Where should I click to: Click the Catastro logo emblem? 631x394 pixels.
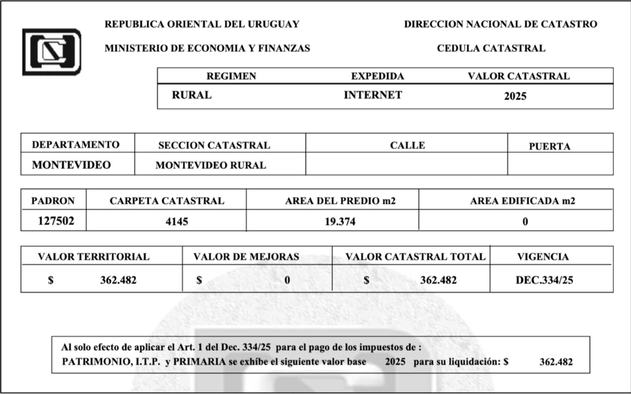click(x=52, y=52)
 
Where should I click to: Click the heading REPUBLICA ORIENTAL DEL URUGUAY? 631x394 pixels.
click(x=202, y=24)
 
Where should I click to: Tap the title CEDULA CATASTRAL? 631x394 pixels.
click(x=491, y=48)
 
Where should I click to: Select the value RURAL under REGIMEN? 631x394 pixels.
click(x=192, y=95)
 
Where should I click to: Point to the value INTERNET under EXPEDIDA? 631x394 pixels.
click(x=373, y=95)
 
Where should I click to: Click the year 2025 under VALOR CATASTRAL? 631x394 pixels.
click(x=515, y=96)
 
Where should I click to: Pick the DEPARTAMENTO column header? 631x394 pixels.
click(x=76, y=145)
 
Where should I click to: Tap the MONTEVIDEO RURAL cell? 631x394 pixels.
click(x=211, y=165)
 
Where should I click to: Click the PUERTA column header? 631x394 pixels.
click(x=549, y=146)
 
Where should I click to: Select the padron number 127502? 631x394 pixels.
click(x=56, y=221)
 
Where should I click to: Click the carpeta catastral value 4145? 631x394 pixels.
click(x=177, y=221)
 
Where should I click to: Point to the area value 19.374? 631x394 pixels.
click(x=340, y=221)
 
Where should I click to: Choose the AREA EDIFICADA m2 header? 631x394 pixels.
click(x=523, y=201)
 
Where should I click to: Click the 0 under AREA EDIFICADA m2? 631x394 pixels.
click(x=525, y=221)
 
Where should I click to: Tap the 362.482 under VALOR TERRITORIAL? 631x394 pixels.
click(x=118, y=280)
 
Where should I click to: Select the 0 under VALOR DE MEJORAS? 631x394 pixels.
click(x=287, y=280)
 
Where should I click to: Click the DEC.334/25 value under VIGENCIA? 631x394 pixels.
click(x=544, y=280)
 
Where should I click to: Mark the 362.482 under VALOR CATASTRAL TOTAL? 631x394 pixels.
click(x=438, y=280)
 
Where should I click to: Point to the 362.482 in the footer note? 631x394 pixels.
click(x=556, y=362)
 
